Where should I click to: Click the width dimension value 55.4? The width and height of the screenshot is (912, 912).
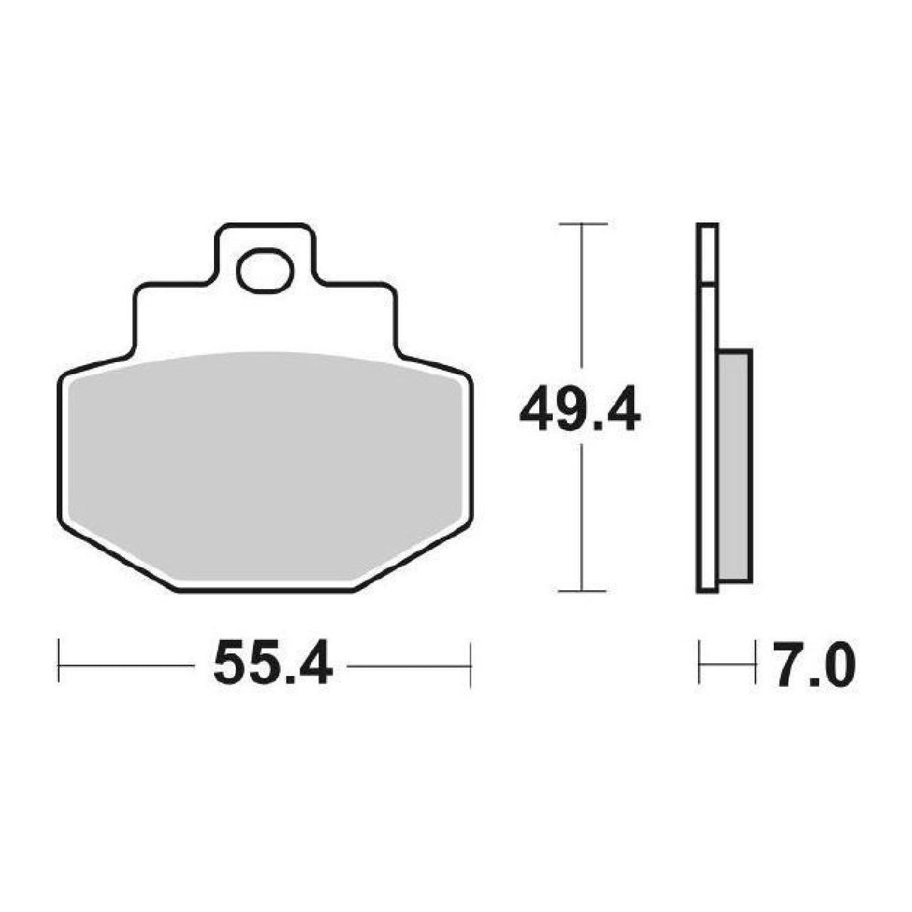tap(273, 663)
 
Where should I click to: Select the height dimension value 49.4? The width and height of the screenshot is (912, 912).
tap(579, 409)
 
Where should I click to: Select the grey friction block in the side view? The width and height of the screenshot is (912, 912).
tap(734, 466)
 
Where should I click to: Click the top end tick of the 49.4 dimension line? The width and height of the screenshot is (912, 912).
tap(582, 224)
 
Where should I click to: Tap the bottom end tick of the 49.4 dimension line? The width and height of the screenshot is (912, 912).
tap(582, 591)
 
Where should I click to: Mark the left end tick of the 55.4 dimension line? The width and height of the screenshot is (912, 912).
tap(59, 663)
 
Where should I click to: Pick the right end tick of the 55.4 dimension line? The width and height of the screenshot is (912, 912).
tap(470, 663)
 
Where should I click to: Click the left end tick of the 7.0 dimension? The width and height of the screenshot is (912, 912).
tap(699, 663)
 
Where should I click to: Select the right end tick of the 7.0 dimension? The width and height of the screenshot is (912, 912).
tap(753, 663)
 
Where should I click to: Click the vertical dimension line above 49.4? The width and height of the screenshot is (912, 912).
tap(582, 300)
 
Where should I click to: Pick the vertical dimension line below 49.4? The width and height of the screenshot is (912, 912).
tap(582, 518)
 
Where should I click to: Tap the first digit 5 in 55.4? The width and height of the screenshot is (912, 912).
tap(229, 663)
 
